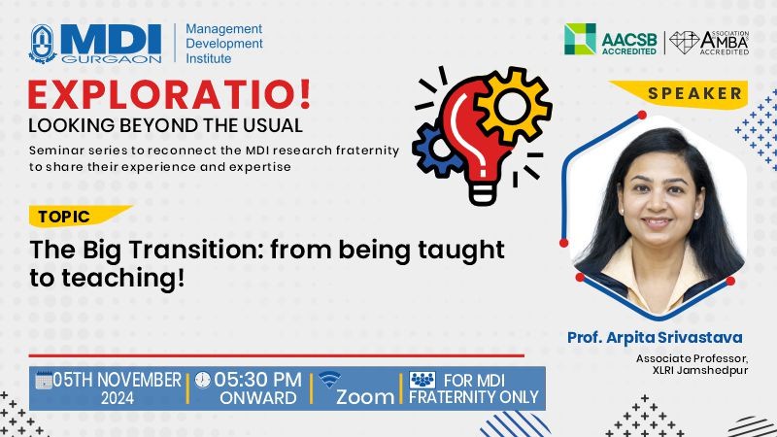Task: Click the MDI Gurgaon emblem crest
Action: pyautogui.click(x=43, y=44)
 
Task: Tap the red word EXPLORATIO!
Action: pyautogui.click(x=169, y=94)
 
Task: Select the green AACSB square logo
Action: pyautogui.click(x=580, y=39)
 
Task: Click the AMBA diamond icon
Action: pyautogui.click(x=685, y=43)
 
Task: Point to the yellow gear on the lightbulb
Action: pyautogui.click(x=512, y=105)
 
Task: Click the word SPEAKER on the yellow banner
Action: pyautogui.click(x=694, y=93)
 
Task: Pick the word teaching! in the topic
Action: pyautogui.click(x=123, y=279)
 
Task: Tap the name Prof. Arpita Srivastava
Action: pyautogui.click(x=655, y=337)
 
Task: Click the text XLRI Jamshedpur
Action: pyautogui.click(x=699, y=371)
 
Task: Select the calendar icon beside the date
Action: pyautogui.click(x=44, y=380)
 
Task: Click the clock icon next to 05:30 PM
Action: pyautogui.click(x=202, y=380)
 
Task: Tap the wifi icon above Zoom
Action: pyautogui.click(x=329, y=379)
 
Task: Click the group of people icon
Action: pyautogui.click(x=422, y=380)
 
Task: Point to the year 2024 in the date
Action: pyautogui.click(x=118, y=398)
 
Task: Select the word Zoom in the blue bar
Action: pyautogui.click(x=365, y=397)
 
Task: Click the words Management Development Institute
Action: pyautogui.click(x=224, y=44)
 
